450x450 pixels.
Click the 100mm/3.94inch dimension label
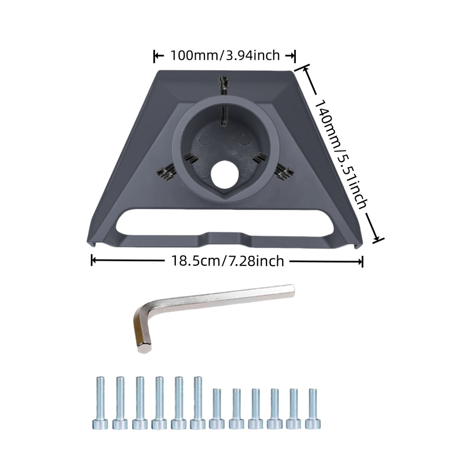(x=225, y=56)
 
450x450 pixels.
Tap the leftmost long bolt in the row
(x=100, y=403)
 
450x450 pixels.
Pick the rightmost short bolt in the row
(x=312, y=409)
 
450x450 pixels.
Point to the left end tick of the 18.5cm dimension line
(x=92, y=261)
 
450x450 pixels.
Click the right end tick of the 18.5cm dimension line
(x=362, y=261)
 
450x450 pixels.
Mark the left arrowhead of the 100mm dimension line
(x=156, y=56)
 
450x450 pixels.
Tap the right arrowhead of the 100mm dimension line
(x=292, y=56)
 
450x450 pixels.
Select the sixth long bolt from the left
(x=198, y=403)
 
